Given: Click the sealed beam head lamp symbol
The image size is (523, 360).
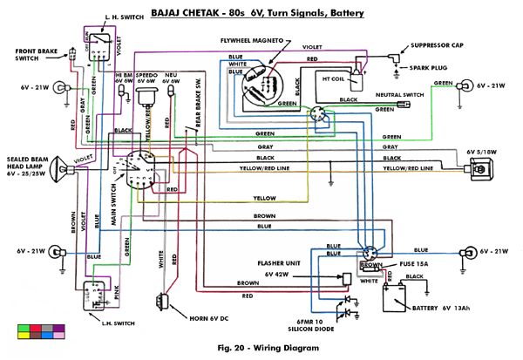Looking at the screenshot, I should click(x=68, y=167).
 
